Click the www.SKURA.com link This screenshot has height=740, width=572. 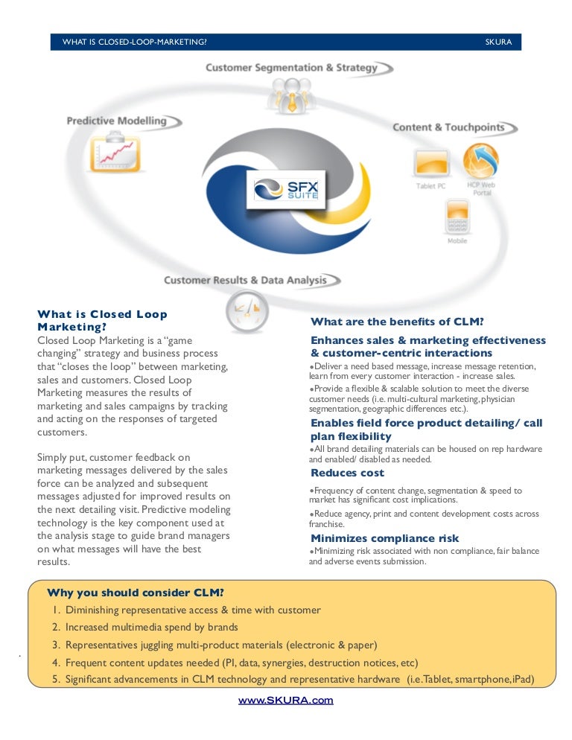[285, 700]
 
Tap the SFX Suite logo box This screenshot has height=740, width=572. [286, 190]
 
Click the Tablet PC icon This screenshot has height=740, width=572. [431, 163]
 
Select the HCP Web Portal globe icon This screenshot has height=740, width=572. [480, 162]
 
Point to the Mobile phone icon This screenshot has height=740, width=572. [457, 217]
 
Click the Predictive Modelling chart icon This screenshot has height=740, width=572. [115, 153]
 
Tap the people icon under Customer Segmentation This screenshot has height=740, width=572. [292, 95]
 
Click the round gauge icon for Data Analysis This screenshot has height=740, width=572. [247, 312]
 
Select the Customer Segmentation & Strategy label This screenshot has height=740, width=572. [291, 68]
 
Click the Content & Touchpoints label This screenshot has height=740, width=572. [448, 127]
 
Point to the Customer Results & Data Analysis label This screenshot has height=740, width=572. [245, 281]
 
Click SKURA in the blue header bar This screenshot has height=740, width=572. [498, 42]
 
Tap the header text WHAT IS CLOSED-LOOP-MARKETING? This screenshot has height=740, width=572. [135, 42]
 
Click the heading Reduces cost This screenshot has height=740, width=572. [347, 473]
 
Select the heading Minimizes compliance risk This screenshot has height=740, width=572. [384, 538]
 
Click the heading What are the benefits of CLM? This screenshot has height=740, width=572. [397, 322]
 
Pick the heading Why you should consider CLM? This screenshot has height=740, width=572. [136, 593]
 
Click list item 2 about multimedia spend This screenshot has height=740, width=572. [145, 627]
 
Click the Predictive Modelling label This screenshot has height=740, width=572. [117, 121]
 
